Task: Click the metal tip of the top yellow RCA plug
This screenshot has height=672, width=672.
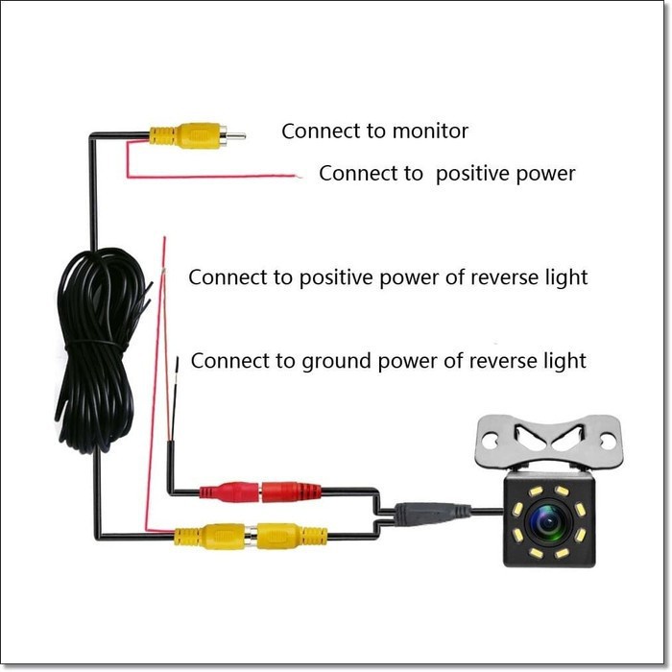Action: coord(235,135)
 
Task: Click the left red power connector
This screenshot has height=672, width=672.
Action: coord(228,492)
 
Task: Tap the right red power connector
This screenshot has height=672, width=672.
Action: coord(292,492)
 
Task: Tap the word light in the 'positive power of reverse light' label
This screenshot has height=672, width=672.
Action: coord(564,277)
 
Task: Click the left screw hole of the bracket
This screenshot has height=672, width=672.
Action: coord(490,441)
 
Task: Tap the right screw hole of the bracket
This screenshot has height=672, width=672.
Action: coord(608,441)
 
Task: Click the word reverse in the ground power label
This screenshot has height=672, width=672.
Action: coord(504,362)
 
